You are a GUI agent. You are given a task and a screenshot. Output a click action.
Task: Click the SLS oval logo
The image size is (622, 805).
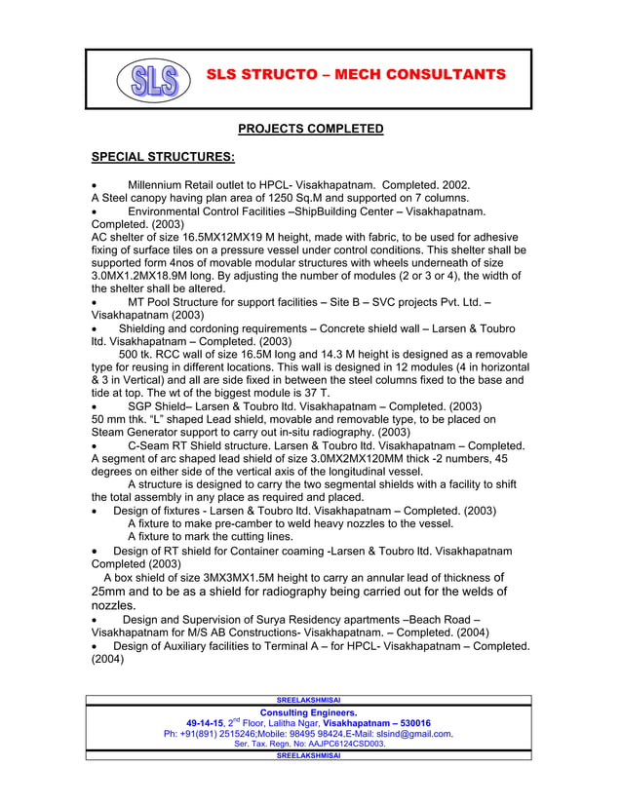pos(154,80)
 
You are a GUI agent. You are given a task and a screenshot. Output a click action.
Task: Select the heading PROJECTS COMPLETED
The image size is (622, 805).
pos(311,129)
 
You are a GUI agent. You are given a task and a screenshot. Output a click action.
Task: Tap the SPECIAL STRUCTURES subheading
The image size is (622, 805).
pos(163,157)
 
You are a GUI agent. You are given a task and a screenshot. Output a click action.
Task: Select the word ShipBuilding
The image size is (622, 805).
pos(332,211)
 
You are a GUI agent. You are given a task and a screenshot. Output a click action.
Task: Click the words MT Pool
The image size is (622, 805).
pos(152,302)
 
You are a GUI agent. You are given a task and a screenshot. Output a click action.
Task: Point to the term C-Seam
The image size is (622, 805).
pos(152,446)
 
